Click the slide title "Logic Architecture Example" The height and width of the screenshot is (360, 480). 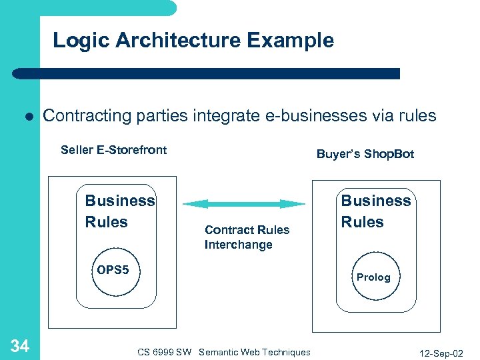click(x=193, y=40)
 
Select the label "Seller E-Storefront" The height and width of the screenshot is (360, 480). click(x=113, y=149)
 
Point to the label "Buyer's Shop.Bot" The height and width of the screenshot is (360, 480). click(x=365, y=154)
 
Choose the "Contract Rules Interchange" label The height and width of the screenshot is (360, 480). click(x=247, y=237)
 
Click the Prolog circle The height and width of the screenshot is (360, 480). click(x=373, y=277)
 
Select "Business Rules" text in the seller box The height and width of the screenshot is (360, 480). click(x=119, y=211)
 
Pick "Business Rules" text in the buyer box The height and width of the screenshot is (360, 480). click(x=376, y=211)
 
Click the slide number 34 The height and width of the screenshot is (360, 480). click(x=20, y=345)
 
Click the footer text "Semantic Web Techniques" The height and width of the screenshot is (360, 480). click(x=255, y=352)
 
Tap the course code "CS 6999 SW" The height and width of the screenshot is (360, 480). click(x=164, y=352)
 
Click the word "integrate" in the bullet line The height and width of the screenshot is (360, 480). click(x=222, y=115)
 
